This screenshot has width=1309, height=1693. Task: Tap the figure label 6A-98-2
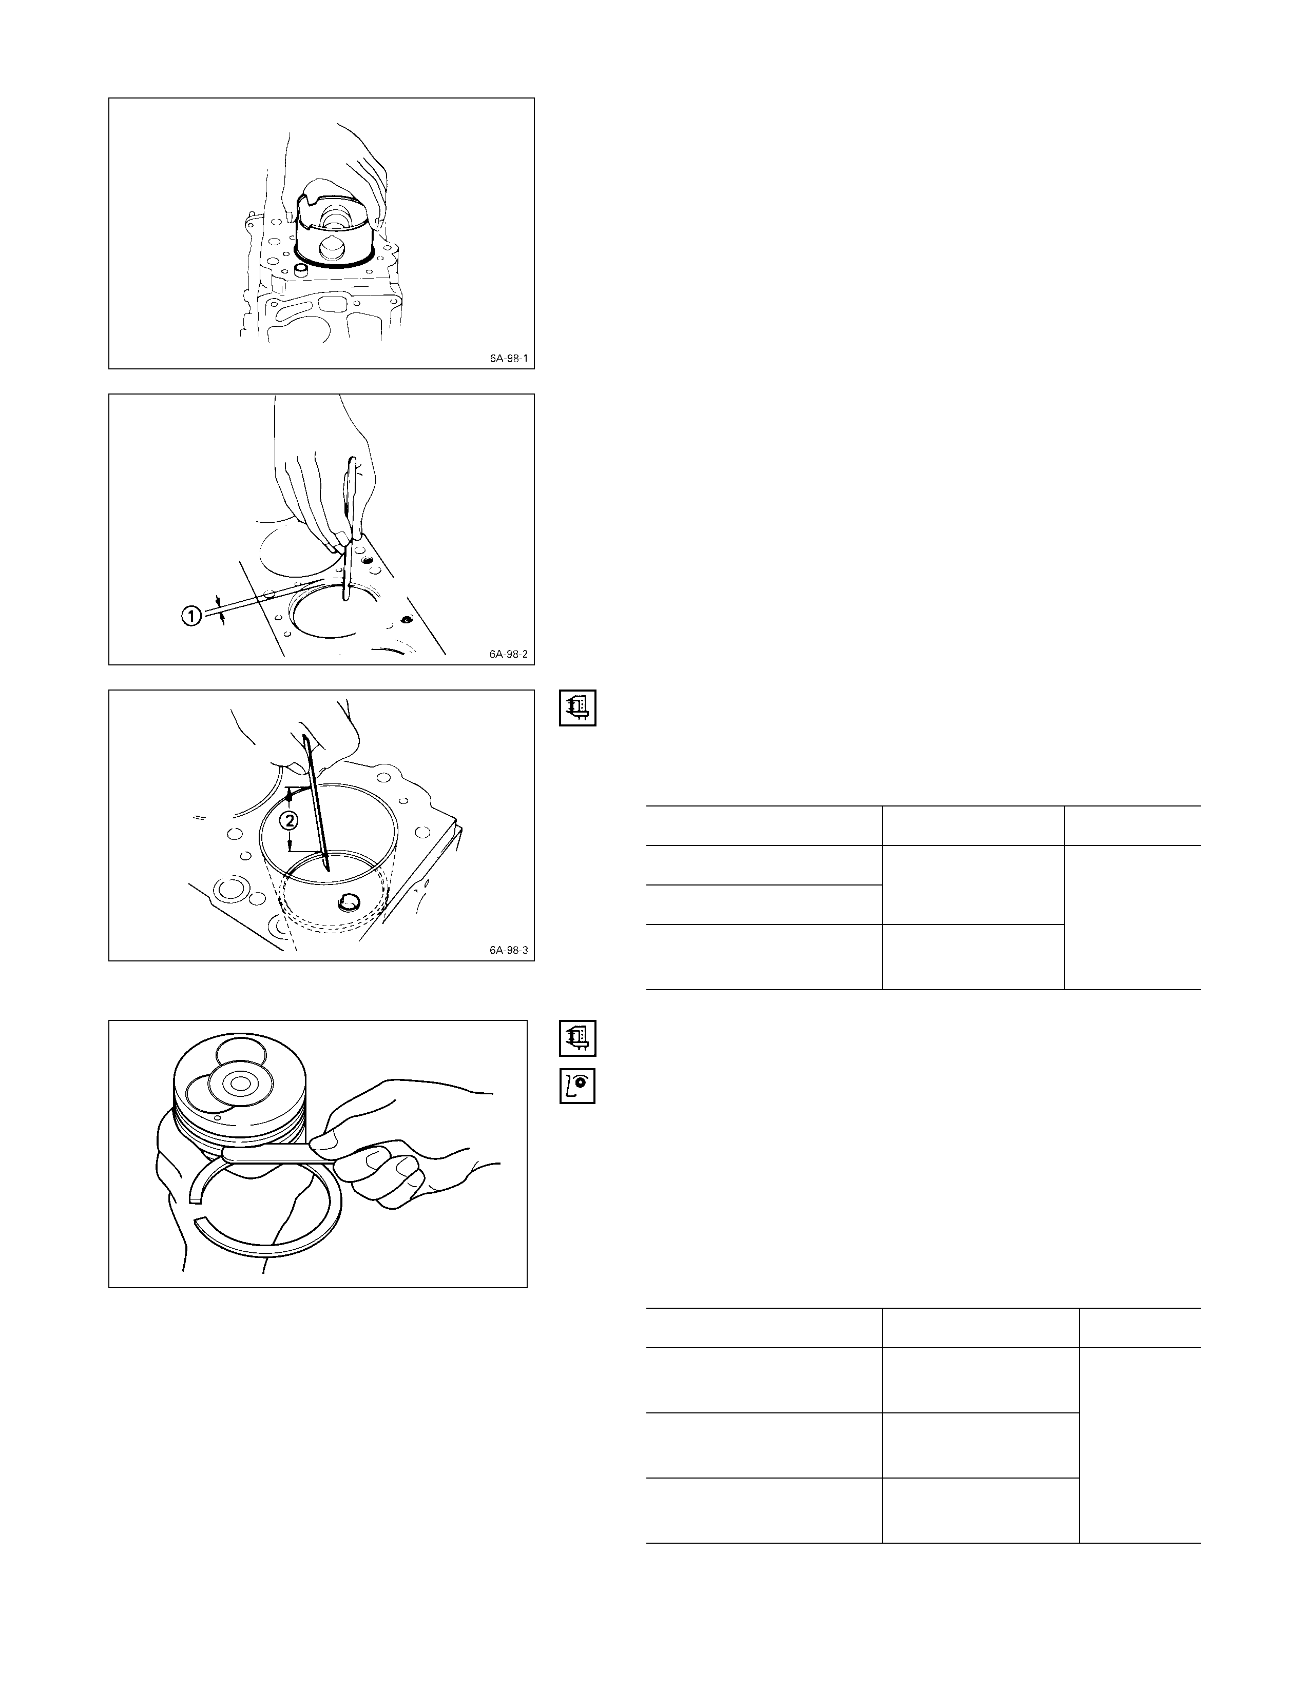[x=508, y=654]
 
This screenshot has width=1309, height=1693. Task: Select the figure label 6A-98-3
[x=508, y=950]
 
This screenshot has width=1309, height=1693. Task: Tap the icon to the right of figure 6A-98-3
[x=577, y=708]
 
